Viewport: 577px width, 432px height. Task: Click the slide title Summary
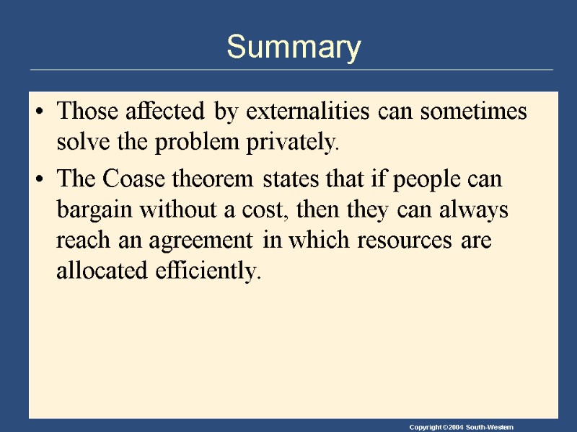[294, 48]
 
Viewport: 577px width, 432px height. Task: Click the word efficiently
[203, 271]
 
